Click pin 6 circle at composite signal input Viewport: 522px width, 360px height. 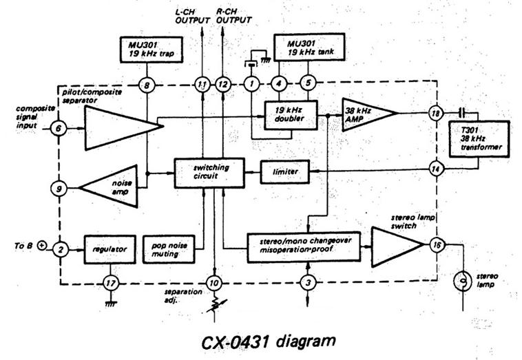59,128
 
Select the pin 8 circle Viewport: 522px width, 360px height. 147,85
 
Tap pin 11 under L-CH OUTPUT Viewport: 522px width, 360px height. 202,85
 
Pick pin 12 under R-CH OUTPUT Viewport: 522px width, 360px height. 222,85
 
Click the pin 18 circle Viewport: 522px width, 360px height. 436,114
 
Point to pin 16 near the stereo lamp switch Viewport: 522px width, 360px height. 437,245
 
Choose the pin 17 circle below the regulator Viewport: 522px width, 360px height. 110,284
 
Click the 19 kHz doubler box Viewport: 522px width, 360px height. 291,115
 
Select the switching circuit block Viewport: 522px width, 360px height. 209,173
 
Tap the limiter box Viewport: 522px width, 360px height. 285,172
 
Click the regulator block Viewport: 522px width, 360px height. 110,250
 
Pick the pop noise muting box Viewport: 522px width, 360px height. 169,250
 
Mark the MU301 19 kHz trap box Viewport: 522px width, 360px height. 151,50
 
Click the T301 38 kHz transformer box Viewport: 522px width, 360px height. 479,139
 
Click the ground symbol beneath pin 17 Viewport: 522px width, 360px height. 110,304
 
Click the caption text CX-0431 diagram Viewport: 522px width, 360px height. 269,341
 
